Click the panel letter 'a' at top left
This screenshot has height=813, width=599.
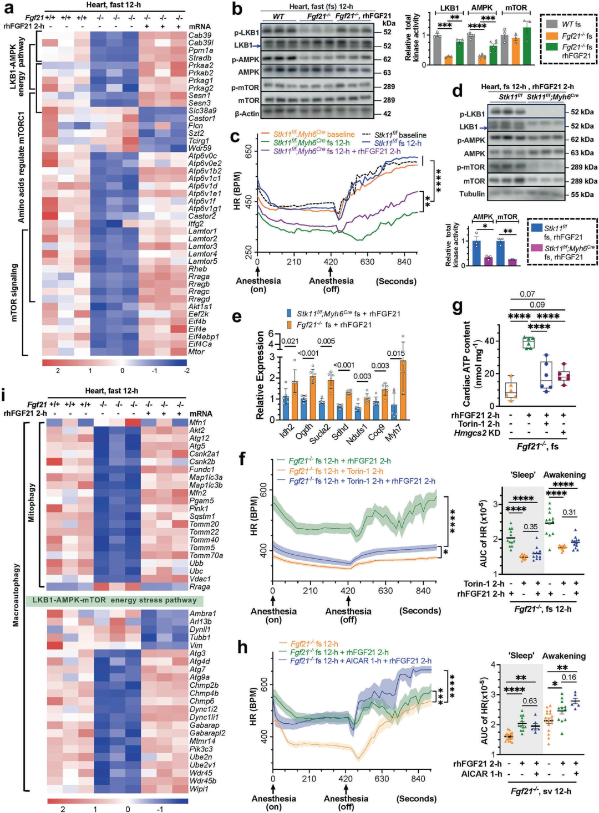[8, 8]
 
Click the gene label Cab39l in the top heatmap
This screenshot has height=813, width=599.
[201, 43]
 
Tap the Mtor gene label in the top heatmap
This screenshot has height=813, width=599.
[196, 351]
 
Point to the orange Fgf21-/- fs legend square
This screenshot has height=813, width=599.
[551, 36]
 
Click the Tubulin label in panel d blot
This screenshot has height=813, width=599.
[471, 194]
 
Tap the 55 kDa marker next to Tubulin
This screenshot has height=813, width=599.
[582, 195]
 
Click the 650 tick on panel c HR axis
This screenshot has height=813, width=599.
[249, 151]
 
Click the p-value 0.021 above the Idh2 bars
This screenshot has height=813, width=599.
[289, 341]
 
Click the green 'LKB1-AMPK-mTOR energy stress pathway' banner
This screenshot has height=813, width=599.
[115, 600]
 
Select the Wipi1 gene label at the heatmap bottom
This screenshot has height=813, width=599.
[199, 789]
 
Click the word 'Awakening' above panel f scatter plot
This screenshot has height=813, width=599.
[564, 475]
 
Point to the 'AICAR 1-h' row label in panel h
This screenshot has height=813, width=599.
[481, 774]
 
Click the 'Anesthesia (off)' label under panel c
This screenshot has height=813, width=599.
[331, 284]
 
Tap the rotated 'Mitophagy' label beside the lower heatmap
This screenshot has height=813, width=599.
[32, 503]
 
